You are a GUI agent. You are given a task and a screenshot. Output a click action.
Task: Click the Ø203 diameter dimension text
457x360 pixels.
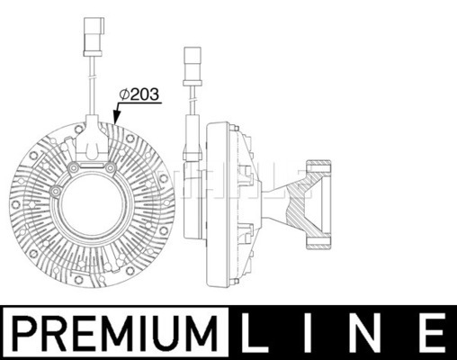pos(139,94)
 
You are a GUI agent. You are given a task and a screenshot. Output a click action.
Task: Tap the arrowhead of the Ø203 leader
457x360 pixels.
pos(116,118)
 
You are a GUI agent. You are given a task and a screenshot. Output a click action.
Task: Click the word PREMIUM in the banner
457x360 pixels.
pos(116,332)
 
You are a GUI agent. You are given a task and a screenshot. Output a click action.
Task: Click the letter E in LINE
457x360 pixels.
pos(430,332)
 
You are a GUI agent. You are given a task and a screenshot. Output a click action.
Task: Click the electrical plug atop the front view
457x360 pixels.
pos(94,37)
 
